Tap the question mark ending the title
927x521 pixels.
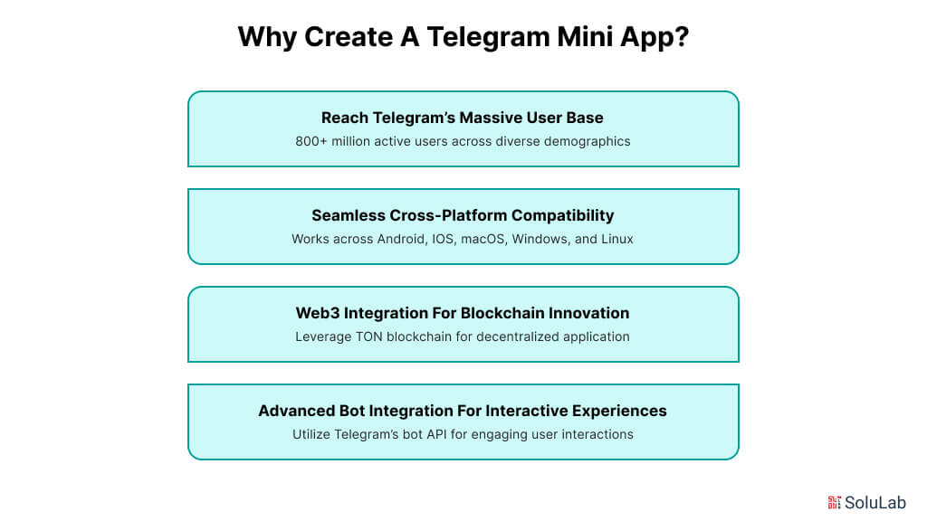[680, 38]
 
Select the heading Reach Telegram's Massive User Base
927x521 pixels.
[463, 118]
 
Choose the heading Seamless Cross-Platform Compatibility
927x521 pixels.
[463, 215]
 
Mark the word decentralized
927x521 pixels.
[510, 337]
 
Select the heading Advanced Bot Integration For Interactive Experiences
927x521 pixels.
[463, 411]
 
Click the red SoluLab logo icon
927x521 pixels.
[835, 502]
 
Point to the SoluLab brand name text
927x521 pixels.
[875, 502]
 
